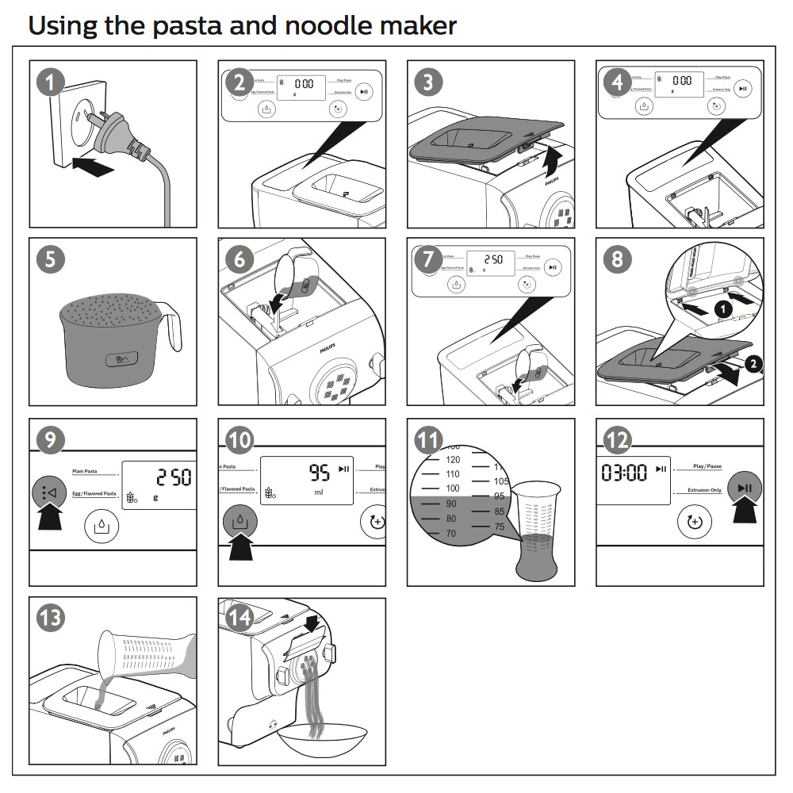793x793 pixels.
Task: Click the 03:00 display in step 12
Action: pos(625,473)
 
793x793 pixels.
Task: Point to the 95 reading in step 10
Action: pos(320,474)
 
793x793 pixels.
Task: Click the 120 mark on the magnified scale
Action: pos(453,459)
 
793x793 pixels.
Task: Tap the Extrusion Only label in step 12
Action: pos(705,490)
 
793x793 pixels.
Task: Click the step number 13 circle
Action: pos(51,619)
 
